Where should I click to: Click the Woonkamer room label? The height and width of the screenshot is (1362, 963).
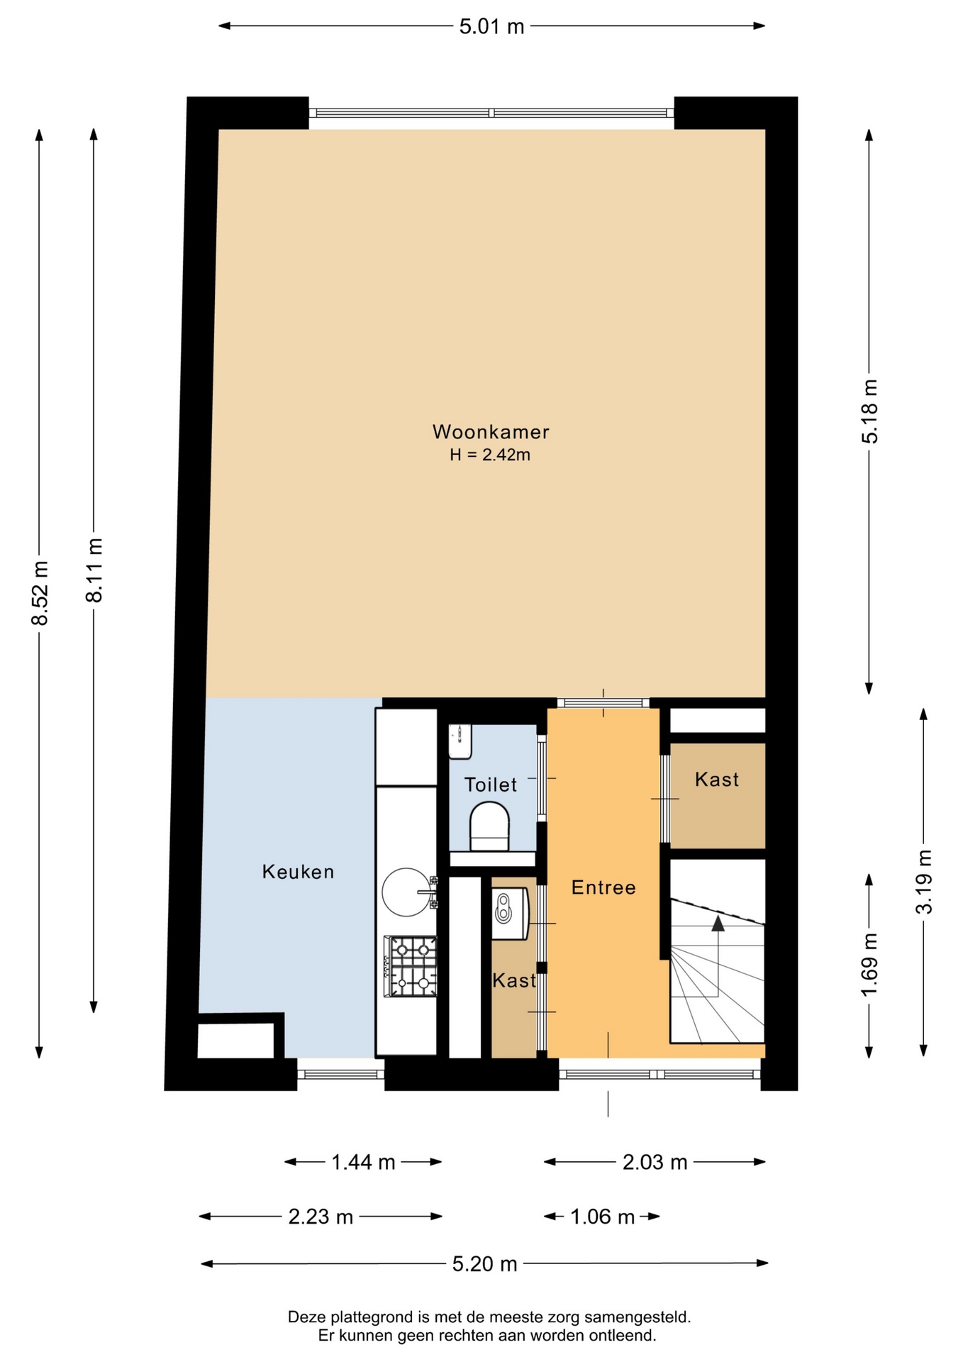pos(491,431)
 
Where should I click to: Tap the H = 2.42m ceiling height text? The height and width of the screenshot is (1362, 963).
pos(490,455)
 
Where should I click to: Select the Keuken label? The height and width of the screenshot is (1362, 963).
pos(298,871)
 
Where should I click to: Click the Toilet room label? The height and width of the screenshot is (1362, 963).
pos(491,785)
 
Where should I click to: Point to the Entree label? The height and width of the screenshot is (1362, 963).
pos(603,887)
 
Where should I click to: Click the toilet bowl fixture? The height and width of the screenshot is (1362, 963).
pos(489,826)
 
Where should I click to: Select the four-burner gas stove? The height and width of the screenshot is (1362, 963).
pos(411,966)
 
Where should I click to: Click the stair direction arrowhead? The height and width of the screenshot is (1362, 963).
pos(718,923)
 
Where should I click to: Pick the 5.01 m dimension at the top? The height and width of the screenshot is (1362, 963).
pos(491,26)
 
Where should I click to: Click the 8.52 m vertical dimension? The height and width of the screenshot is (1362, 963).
pos(40,593)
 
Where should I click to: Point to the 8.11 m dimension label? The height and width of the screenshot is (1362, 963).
pos(94,570)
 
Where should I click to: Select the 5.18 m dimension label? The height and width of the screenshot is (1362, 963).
pos(869,411)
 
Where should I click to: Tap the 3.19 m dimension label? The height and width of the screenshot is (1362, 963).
pos(924,882)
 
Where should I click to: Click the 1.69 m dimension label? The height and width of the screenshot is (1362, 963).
pos(869,965)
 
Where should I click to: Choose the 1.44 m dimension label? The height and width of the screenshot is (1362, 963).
pos(363,1162)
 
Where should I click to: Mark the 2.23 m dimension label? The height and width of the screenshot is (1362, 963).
pos(321,1217)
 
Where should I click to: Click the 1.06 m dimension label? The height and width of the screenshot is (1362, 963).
pos(602,1217)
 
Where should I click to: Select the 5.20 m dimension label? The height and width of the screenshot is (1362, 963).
pos(485,1263)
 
